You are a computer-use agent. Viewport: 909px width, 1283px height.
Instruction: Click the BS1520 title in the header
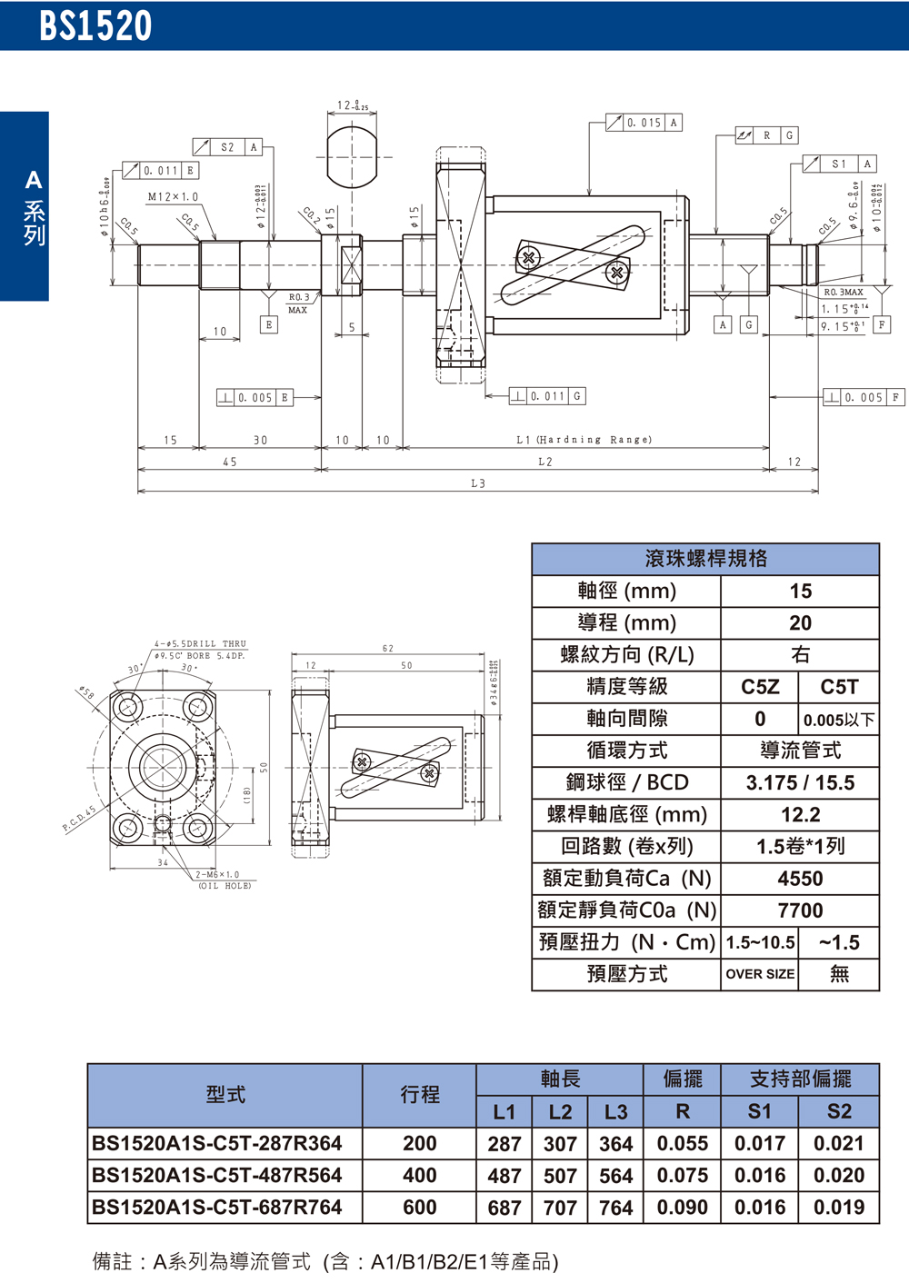[95, 26]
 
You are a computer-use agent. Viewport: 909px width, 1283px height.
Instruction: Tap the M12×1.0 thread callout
[173, 197]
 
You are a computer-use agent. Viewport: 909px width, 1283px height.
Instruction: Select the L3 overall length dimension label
[478, 483]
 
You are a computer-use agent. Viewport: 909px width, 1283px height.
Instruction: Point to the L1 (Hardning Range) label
[584, 440]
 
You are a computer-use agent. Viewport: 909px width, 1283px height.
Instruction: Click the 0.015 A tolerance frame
[644, 123]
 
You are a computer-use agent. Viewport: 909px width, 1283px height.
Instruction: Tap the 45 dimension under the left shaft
[230, 462]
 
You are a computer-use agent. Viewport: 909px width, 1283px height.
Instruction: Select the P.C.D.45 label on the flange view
[79, 819]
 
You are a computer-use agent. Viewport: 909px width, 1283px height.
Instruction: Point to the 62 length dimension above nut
[388, 649]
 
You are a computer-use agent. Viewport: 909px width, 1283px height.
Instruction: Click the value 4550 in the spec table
[800, 879]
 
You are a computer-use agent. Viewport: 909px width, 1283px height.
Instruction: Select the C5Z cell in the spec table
[760, 687]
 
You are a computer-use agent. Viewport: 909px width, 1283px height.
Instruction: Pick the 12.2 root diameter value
[800, 815]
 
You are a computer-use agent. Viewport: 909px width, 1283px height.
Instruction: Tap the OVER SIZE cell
[760, 974]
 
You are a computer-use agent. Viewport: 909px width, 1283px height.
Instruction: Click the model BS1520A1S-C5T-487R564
[217, 1175]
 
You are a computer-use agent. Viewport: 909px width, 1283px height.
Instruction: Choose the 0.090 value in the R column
[682, 1208]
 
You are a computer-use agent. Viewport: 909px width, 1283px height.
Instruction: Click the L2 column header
[560, 1111]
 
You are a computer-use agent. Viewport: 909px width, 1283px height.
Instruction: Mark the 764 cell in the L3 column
[615, 1208]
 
